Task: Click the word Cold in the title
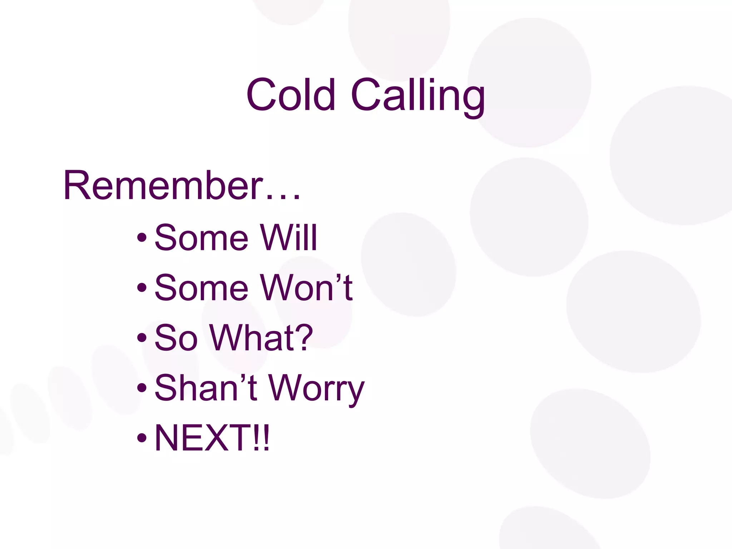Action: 290,95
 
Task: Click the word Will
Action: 289,238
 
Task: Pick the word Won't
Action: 307,288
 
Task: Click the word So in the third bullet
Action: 176,338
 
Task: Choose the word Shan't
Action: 206,388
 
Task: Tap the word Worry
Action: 316,390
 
